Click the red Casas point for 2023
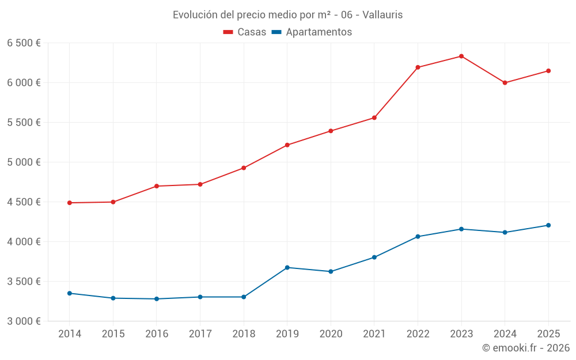tap(461, 56)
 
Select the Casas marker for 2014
tap(70, 203)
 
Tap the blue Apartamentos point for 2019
tap(287, 267)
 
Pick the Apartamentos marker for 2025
tap(548, 225)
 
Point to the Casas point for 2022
tap(418, 67)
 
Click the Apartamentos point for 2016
tap(157, 299)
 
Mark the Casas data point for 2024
tap(505, 82)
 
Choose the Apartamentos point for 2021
tap(374, 257)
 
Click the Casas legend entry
tap(245, 32)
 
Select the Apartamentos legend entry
tap(312, 32)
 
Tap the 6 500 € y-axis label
tap(24, 43)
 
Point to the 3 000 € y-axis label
tap(24, 321)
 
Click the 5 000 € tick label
tap(24, 162)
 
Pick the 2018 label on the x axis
tap(244, 334)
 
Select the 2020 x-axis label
tap(331, 334)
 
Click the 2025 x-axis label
tap(548, 334)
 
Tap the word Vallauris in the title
tap(383, 15)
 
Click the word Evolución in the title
tap(194, 15)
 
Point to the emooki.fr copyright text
tap(526, 348)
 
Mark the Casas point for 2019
tap(287, 145)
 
